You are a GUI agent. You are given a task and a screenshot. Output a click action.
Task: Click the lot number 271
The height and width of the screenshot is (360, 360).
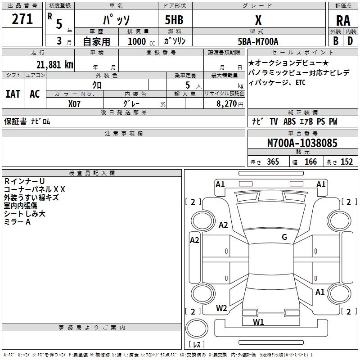pyautogui.click(x=22, y=19)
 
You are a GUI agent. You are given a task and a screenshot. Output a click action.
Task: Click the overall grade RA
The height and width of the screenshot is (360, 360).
pyautogui.click(x=343, y=21)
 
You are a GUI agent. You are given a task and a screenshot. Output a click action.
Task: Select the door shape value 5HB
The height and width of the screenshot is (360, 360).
pyautogui.click(x=174, y=20)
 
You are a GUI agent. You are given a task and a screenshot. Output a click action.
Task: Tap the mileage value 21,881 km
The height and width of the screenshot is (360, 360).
pyautogui.click(x=54, y=65)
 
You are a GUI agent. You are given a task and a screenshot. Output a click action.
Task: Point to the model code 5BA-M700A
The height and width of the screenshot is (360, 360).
pyautogui.click(x=258, y=41)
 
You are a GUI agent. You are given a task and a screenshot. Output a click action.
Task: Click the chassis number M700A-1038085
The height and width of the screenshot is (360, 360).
pyautogui.click(x=302, y=143)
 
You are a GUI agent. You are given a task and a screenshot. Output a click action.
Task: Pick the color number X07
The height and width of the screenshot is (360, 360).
pyautogui.click(x=74, y=104)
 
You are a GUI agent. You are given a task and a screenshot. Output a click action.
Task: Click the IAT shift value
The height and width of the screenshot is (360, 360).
pyautogui.click(x=13, y=94)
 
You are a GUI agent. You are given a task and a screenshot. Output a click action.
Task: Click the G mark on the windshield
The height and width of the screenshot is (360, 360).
pyautogui.click(x=284, y=237)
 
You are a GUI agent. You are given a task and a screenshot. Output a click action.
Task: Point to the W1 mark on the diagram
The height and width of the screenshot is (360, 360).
pyautogui.click(x=258, y=322)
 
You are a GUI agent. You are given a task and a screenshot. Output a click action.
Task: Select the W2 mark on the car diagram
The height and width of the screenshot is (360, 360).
pyautogui.click(x=221, y=308)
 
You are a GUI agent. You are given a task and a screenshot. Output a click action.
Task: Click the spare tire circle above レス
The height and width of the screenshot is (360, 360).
pyautogui.click(x=197, y=328)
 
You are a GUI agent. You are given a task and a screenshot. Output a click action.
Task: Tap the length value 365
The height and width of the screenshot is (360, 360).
pyautogui.click(x=273, y=162)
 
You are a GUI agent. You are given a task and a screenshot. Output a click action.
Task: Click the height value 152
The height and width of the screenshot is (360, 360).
pyautogui.click(x=346, y=162)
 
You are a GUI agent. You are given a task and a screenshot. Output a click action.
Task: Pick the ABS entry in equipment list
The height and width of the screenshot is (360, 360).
pyautogui.click(x=289, y=121)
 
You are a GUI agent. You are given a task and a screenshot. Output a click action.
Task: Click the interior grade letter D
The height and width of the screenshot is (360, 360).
pyautogui.click(x=350, y=41)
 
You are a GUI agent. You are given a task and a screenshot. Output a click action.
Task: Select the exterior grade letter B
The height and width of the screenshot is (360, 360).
pyautogui.click(x=336, y=41)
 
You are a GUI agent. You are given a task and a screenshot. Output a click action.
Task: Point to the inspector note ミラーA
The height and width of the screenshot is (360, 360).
pyautogui.click(x=17, y=222)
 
